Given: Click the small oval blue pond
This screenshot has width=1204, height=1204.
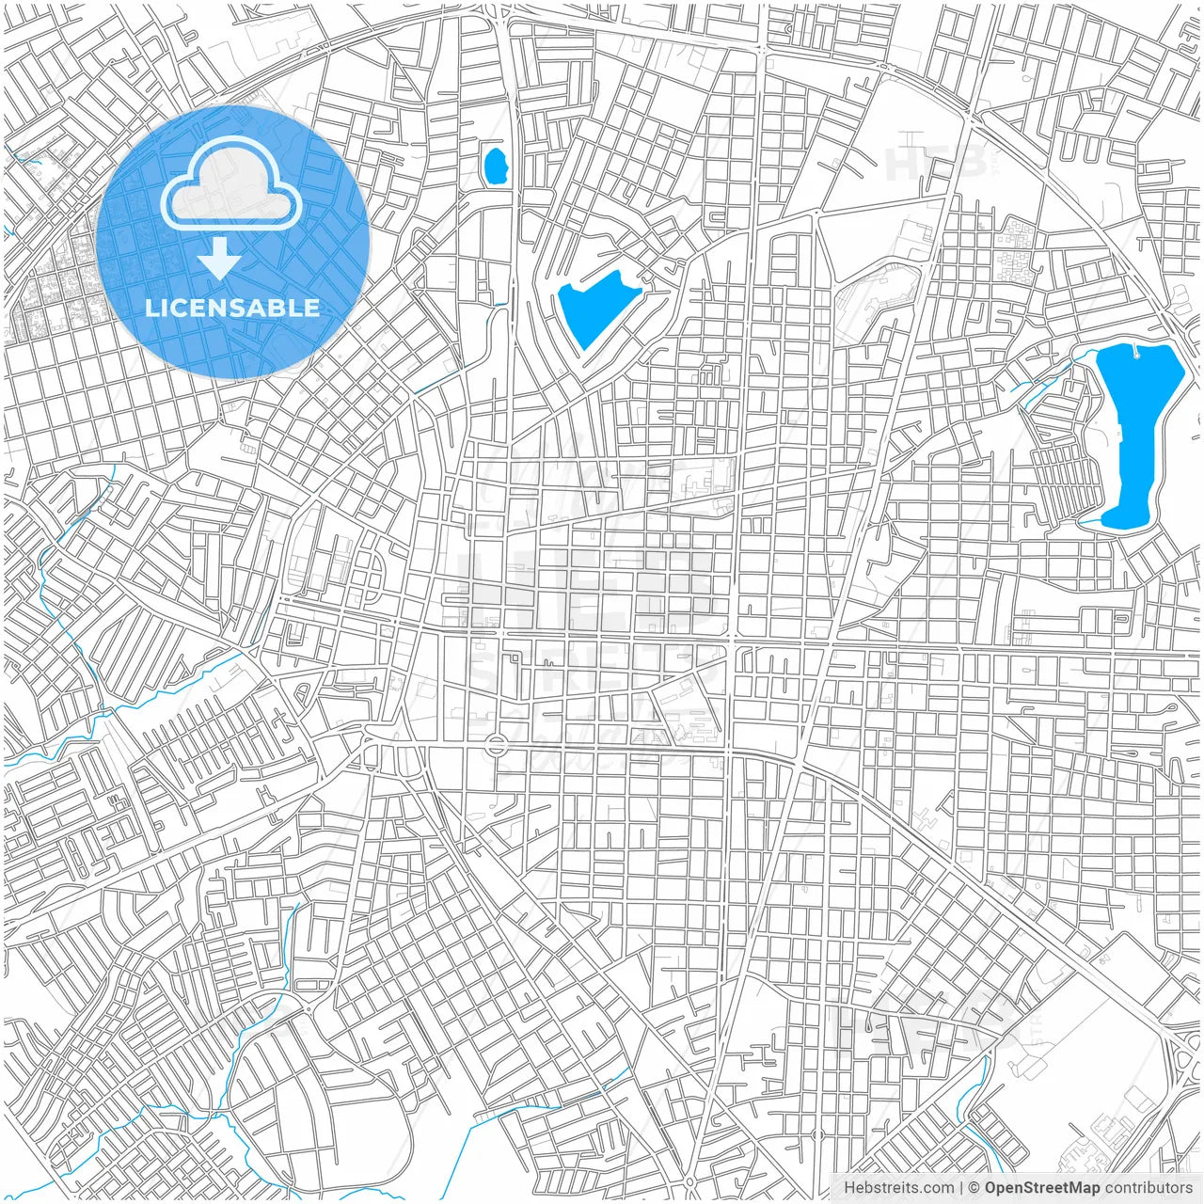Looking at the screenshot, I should coord(494,166).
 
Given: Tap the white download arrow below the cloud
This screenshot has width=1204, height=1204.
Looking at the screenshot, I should coord(219,259).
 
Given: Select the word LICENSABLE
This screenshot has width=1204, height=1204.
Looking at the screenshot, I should coord(231,309).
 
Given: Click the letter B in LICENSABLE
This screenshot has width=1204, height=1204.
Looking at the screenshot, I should coord(276,309).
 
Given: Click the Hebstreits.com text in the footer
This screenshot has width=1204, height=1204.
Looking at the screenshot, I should coord(898,1188).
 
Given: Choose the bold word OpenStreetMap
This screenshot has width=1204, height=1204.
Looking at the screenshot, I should coord(1042,1188).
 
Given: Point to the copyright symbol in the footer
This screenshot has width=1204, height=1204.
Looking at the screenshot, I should coord(975,1188).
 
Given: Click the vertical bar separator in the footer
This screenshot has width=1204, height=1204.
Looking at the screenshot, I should coord(960,1188).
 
